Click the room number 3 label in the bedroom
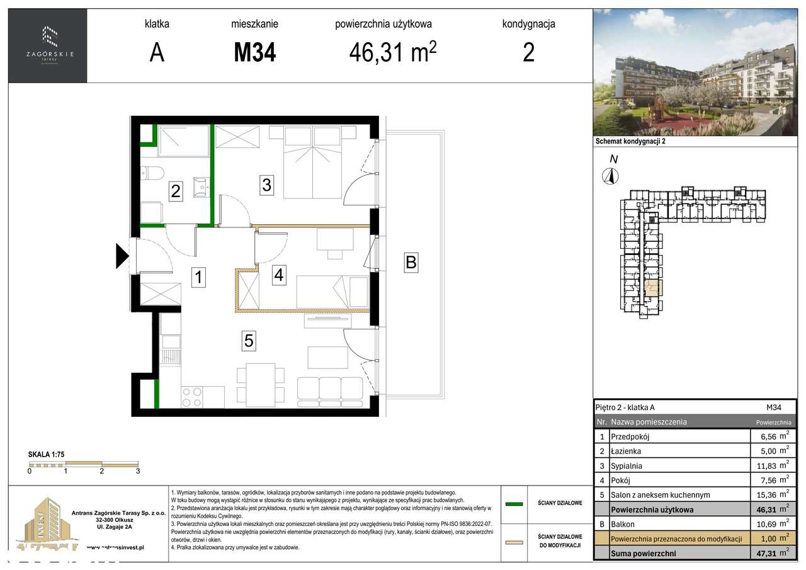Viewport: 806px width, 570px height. click(x=266, y=185)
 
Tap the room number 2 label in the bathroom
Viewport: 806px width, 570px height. click(x=176, y=191)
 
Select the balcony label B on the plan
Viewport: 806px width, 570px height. click(x=411, y=262)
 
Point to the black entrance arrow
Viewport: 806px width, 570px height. click(x=122, y=255)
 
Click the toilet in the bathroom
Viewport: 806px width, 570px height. click(x=152, y=172)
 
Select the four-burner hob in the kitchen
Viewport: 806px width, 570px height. click(x=191, y=396)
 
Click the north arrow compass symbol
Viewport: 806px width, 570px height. click(x=608, y=176)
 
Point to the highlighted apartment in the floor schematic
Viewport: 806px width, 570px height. click(x=653, y=289)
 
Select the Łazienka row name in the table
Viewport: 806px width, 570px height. click(x=626, y=452)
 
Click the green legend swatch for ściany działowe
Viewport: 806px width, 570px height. click(x=514, y=504)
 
